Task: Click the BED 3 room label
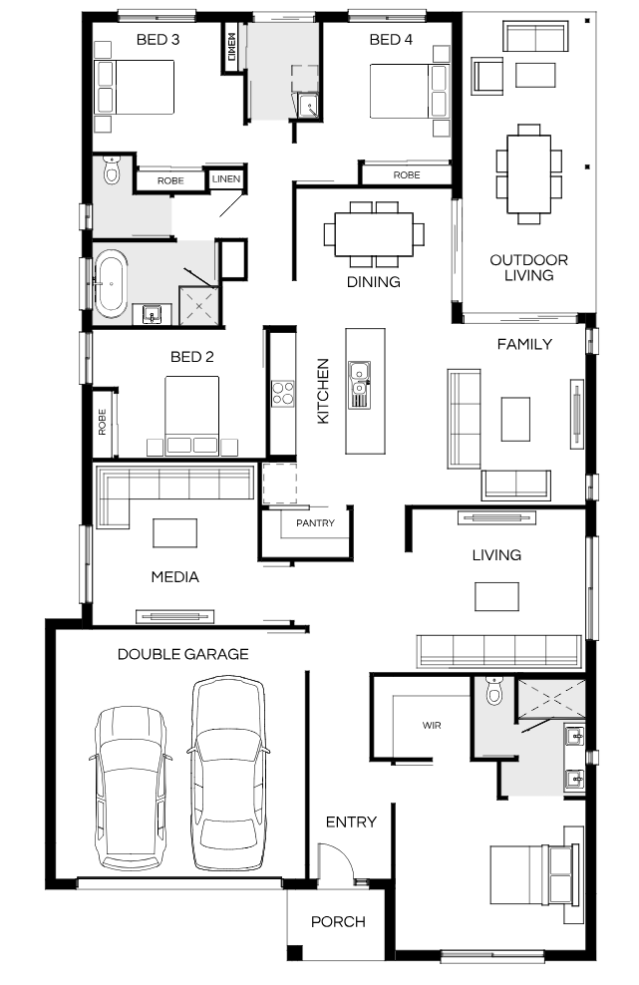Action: click(x=158, y=40)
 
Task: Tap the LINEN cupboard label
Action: click(x=226, y=179)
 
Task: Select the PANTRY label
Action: click(x=315, y=522)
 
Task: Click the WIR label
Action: click(x=432, y=726)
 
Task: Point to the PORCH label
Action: click(x=338, y=921)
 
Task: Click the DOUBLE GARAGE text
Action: click(x=182, y=654)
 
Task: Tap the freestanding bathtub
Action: click(x=112, y=282)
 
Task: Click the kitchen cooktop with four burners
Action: click(x=283, y=393)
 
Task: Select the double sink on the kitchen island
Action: click(x=360, y=385)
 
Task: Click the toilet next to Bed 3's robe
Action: click(x=112, y=169)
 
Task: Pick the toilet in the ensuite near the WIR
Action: click(x=494, y=690)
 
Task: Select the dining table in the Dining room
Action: click(x=374, y=234)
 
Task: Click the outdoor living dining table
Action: click(x=529, y=174)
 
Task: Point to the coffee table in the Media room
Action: click(x=175, y=532)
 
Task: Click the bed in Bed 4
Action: click(x=409, y=91)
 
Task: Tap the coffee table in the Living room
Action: click(x=496, y=596)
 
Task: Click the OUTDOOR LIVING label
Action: click(x=529, y=267)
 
